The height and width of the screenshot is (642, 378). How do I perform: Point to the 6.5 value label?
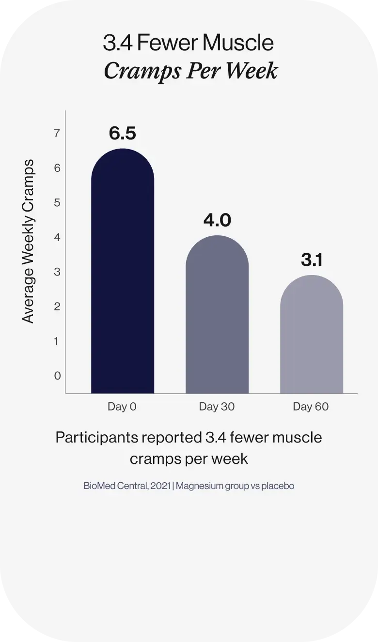tap(123, 133)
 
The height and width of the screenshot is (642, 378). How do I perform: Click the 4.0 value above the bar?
tap(217, 220)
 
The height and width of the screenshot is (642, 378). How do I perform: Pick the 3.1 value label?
tap(312, 260)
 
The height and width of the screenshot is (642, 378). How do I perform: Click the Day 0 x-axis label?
tap(122, 407)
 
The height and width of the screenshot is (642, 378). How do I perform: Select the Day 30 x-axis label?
tap(217, 407)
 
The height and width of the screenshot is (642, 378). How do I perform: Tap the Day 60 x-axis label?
tap(311, 407)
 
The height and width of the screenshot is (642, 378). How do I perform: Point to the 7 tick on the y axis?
tap(57, 133)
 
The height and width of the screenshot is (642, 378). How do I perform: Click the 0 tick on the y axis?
tap(57, 376)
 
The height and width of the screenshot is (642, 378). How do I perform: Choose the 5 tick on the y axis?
tap(57, 202)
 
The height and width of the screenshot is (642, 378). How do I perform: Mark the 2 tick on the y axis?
tap(57, 306)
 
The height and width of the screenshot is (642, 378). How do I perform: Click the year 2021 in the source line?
tap(160, 486)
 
